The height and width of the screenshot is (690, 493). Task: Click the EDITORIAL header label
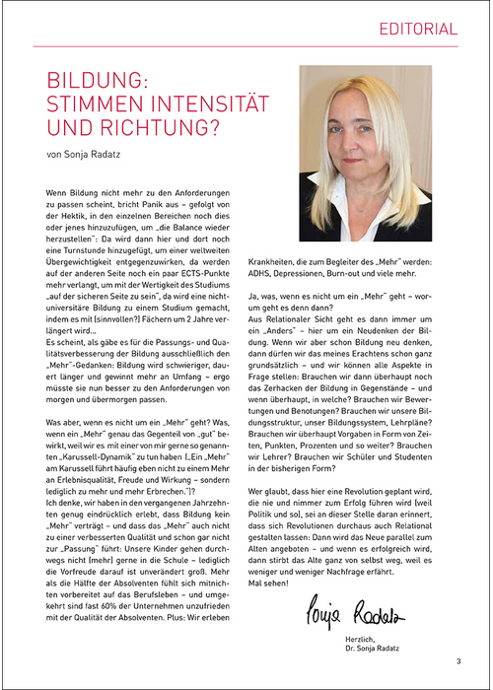coord(418,29)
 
